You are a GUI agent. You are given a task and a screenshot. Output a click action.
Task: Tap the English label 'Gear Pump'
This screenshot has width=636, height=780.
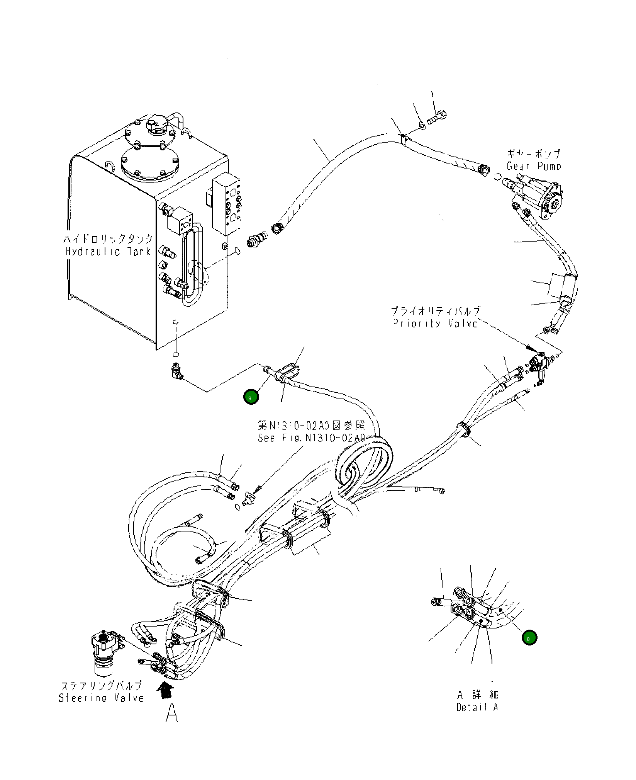(534, 166)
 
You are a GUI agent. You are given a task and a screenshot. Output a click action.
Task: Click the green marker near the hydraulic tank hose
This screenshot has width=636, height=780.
(251, 397)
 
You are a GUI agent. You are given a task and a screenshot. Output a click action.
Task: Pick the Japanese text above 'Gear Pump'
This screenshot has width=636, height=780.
(534, 154)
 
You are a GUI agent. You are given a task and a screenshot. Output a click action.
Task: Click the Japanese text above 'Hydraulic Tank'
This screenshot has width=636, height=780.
(108, 239)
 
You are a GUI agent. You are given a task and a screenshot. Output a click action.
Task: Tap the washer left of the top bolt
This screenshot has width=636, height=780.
(422, 125)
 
